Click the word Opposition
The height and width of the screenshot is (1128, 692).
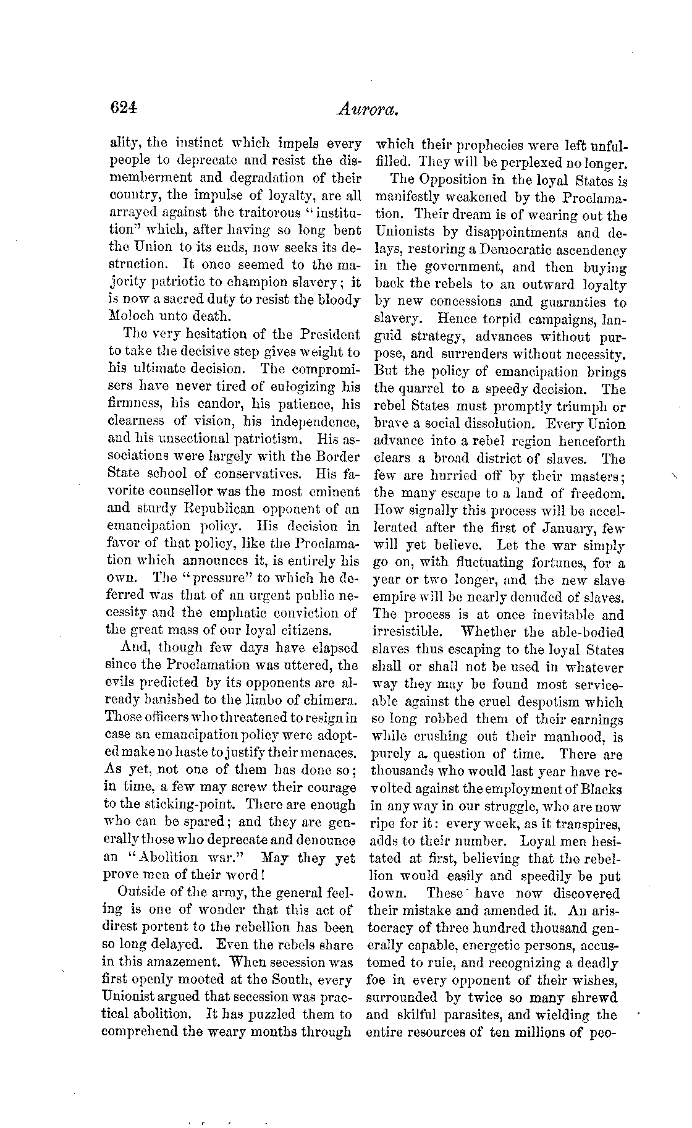[x=455, y=181]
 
